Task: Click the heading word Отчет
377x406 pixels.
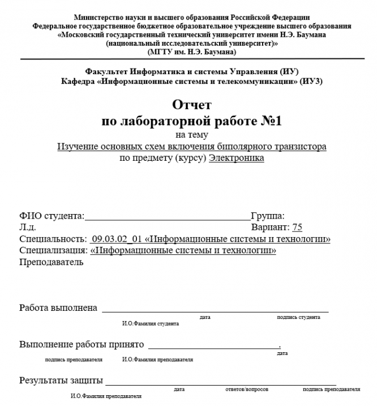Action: point(191,105)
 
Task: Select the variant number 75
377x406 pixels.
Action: point(297,228)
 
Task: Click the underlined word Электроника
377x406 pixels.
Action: point(236,159)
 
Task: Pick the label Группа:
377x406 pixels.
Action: point(267,216)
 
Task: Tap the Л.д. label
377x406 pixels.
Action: point(28,228)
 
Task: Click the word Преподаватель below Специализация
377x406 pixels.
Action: point(52,262)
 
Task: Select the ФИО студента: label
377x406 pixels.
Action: point(52,216)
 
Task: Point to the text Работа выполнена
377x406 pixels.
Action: point(58,308)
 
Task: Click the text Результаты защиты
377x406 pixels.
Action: point(61,380)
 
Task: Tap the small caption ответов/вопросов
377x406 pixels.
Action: point(243,390)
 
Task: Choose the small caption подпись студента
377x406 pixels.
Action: point(298,318)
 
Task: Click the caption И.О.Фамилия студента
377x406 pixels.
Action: point(151,324)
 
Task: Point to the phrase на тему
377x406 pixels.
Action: point(191,135)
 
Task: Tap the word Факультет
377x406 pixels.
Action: point(106,72)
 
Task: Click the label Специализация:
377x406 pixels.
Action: point(53,250)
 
